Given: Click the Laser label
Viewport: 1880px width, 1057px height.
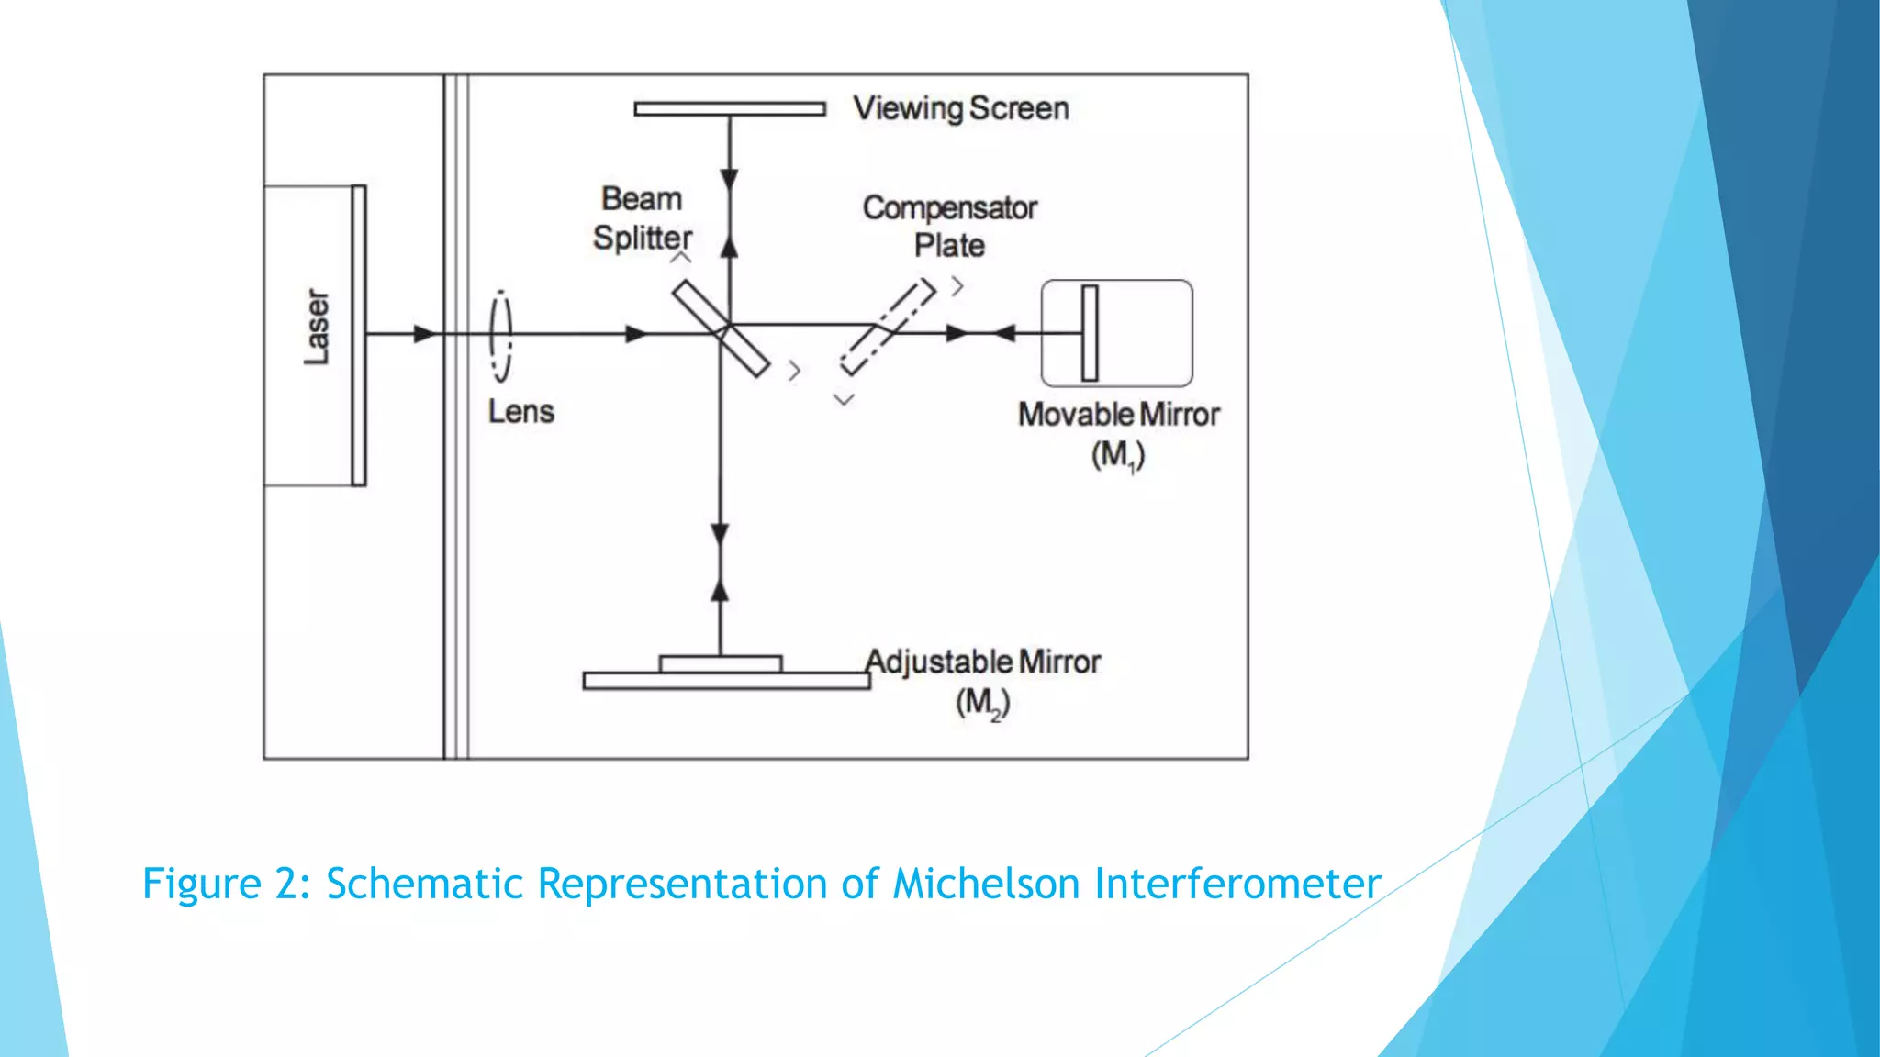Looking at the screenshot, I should pos(317,328).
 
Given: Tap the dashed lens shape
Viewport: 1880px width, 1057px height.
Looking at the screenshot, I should pos(501,336).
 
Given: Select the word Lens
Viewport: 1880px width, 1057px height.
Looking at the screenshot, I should pos(520,412).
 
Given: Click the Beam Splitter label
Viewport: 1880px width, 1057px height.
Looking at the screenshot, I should pos(643,218).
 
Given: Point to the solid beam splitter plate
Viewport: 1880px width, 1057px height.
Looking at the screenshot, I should pos(721,328).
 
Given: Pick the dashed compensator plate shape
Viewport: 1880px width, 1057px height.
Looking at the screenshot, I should pos(888,328).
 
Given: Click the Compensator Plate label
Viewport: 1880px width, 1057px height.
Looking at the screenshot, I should pos(950,227).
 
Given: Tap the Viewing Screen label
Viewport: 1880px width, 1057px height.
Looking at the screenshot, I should pos(961,108).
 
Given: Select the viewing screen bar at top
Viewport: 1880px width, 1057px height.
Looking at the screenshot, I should pos(730,109).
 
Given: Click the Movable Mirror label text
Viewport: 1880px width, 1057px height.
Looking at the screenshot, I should pos(1119,415).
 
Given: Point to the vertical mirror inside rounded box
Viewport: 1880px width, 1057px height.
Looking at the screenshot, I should pos(1090,333).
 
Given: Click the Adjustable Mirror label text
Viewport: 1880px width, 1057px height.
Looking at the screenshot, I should pos(983,662).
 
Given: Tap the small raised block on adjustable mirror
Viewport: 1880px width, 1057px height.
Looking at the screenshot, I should pos(721,663).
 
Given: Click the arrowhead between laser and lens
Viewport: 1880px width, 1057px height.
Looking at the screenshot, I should pos(424,334).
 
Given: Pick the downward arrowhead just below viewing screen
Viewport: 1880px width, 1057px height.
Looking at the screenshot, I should pos(730,179).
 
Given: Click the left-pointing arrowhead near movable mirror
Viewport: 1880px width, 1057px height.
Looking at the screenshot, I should pos(1004,333).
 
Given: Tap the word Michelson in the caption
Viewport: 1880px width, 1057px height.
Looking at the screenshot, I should pos(988,884).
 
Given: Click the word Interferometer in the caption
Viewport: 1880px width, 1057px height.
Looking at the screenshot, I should pos(1238,884).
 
